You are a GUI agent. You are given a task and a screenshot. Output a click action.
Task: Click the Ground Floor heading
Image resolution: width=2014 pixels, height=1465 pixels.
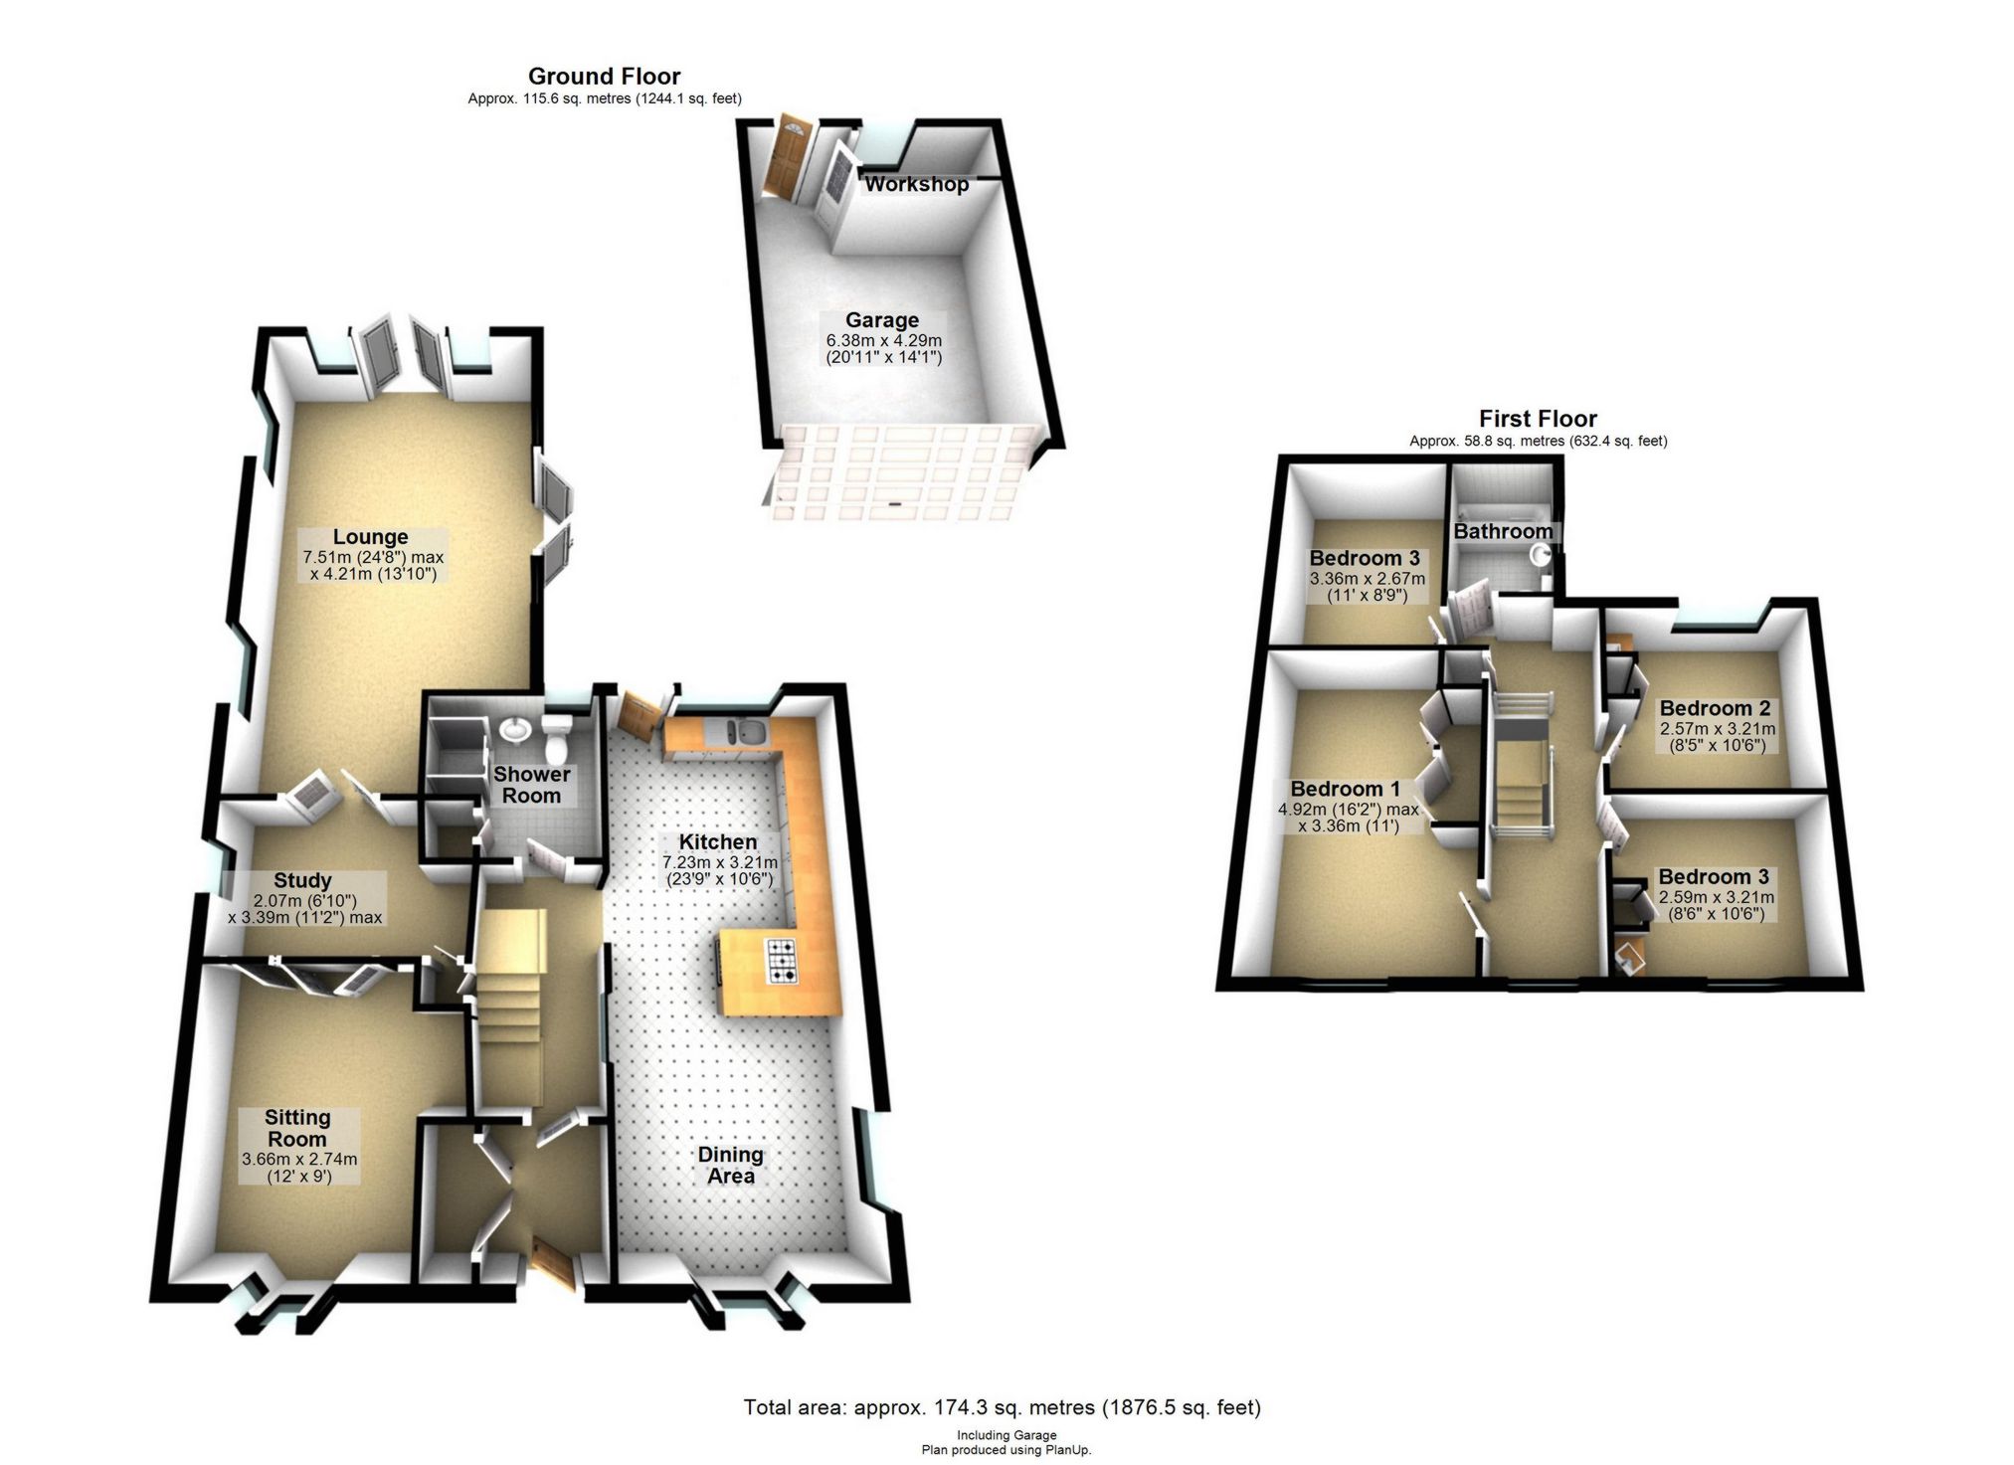coord(604,77)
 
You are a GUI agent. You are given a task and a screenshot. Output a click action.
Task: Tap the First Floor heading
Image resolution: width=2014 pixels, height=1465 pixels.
coord(1538,419)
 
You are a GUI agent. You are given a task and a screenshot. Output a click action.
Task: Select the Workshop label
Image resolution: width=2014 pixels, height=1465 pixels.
coord(916,184)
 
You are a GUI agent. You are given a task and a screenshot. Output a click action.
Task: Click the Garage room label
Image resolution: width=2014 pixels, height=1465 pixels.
coord(882,320)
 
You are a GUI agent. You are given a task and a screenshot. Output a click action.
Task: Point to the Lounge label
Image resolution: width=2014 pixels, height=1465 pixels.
coord(370,537)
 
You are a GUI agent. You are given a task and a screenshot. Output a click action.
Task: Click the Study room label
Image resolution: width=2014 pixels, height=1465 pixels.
coord(302,880)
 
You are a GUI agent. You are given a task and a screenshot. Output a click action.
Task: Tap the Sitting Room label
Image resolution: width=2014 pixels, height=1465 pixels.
coord(297,1128)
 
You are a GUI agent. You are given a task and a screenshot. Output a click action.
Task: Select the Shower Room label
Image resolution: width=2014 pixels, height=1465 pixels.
coord(531,785)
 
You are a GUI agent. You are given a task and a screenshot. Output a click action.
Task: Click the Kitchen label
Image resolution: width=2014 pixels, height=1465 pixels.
coord(718,841)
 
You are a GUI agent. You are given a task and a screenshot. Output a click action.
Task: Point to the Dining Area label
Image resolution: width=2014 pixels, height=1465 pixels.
coord(730,1165)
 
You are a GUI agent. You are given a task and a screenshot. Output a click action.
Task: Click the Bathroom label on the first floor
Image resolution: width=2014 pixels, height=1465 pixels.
coord(1503,531)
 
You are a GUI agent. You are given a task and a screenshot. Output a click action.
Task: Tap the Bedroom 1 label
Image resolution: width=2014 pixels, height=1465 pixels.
coord(1345,789)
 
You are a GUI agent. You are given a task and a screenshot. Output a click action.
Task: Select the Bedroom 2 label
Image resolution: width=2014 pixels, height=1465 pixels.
coord(1715,708)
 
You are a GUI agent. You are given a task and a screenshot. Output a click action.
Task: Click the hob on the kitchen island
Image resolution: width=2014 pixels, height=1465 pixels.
coord(782,961)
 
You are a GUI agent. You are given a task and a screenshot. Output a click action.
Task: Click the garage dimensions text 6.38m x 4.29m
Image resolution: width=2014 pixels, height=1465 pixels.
coord(883,340)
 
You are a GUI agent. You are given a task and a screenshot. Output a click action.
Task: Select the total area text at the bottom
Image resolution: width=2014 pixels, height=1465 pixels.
coord(1002,1407)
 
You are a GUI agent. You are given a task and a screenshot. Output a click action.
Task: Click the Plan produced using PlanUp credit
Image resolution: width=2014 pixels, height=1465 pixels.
coord(1006,1450)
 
